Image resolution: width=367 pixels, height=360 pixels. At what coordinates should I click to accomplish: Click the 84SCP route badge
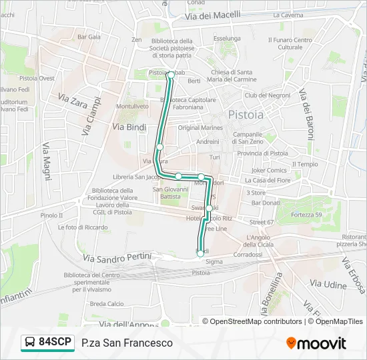[47, 342]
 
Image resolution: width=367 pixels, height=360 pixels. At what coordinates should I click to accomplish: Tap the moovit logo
[316, 343]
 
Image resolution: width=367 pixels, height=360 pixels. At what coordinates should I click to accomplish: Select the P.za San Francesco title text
[127, 343]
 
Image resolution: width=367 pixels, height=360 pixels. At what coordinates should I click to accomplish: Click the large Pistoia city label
[246, 115]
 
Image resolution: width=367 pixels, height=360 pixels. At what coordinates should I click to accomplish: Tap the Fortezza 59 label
[308, 214]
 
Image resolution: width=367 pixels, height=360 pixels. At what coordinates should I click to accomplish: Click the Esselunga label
[226, 39]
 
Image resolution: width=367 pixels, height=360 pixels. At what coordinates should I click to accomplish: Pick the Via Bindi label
[129, 127]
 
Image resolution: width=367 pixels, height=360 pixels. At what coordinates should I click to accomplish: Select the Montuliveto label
[132, 107]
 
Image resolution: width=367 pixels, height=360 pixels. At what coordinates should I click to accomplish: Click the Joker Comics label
[268, 170]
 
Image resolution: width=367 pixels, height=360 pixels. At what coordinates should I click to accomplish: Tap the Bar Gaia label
[89, 37]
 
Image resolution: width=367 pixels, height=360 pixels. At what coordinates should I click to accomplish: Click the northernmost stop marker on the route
[171, 75]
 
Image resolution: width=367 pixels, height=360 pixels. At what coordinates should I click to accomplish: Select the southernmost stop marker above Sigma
[200, 253]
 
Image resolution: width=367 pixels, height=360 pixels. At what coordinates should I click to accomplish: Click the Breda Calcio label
[107, 304]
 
